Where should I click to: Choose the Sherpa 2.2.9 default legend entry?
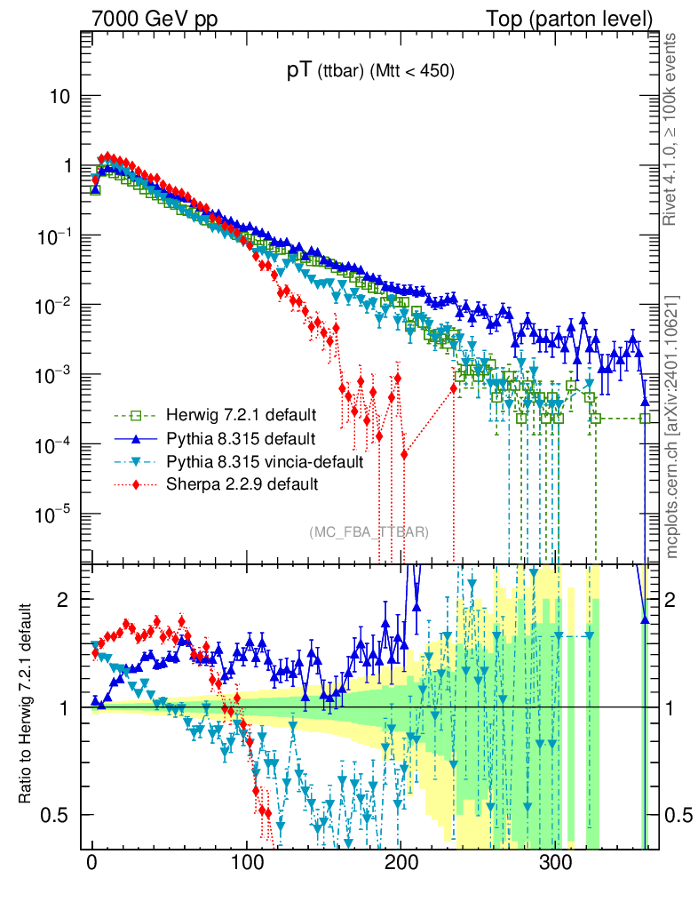point(237,484)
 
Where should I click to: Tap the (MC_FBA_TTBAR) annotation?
point(369,531)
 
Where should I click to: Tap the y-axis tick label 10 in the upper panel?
point(60,97)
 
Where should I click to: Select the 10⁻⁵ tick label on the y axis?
point(54,513)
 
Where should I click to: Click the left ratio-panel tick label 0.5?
point(57,815)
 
